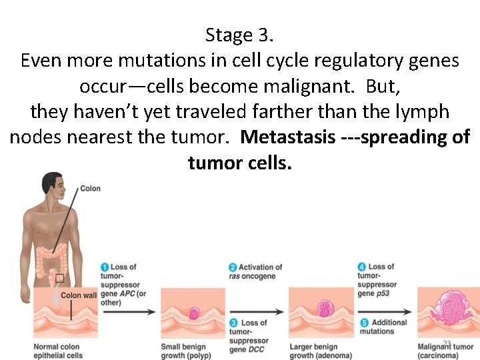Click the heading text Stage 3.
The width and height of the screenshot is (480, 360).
tap(239, 35)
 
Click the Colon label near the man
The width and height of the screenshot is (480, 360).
tap(90, 189)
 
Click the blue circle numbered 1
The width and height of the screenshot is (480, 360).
tap(105, 268)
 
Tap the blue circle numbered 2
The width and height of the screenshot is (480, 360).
tap(233, 268)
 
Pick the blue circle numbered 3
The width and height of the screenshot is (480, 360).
tap(233, 323)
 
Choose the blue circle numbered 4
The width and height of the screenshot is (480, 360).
tap(361, 267)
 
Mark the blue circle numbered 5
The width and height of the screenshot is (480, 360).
tap(361, 323)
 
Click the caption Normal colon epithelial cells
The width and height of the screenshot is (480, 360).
tap(57, 351)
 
